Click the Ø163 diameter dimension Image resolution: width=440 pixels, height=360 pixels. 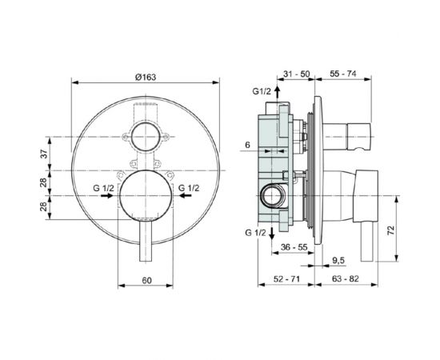(146, 76)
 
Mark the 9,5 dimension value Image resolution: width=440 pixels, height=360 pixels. (340, 261)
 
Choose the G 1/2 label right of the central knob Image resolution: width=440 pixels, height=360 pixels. (189, 189)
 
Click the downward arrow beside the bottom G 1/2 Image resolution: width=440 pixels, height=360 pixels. (273, 232)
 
